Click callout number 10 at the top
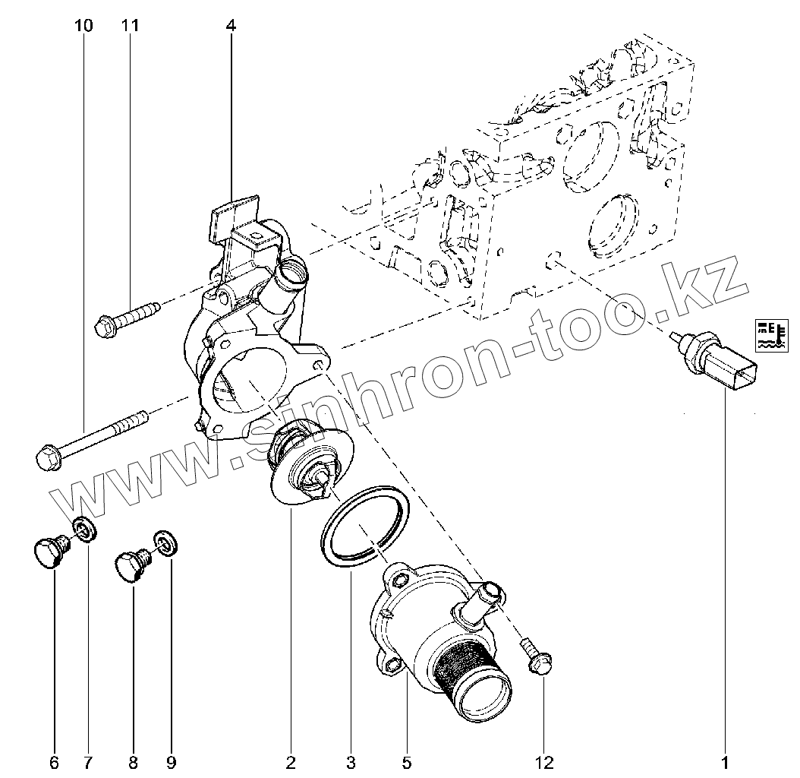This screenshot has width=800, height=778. (x=84, y=25)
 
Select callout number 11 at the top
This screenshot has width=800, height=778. (x=130, y=25)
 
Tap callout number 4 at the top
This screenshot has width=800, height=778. (x=231, y=25)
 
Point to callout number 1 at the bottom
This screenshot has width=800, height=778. (x=725, y=763)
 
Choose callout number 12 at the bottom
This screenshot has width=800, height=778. (x=544, y=763)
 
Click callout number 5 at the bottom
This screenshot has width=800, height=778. (x=407, y=763)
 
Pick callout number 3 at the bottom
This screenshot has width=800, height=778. (x=351, y=763)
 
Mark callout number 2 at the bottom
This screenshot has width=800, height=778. (x=291, y=763)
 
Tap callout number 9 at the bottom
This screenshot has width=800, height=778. (x=172, y=763)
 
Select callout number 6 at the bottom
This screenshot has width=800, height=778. (x=55, y=763)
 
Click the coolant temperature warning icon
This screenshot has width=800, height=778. (x=771, y=336)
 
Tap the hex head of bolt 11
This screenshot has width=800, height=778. (x=106, y=326)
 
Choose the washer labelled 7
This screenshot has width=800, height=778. (x=85, y=530)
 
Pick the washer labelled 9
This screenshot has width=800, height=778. (x=165, y=543)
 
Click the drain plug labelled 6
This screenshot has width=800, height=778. (x=52, y=549)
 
